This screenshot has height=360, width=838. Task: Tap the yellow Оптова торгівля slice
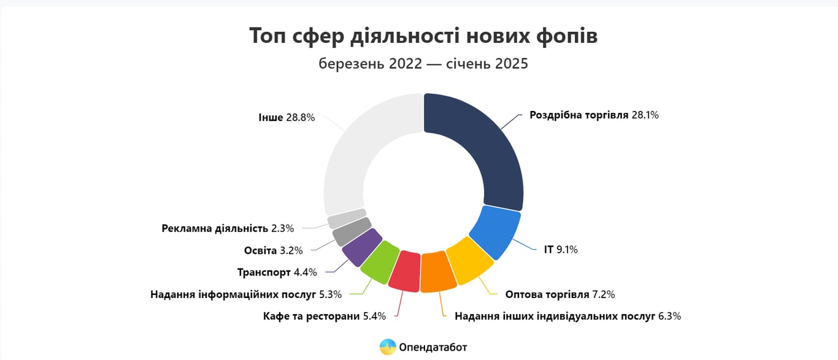click(469, 261)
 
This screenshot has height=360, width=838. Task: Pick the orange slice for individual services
click(438, 272)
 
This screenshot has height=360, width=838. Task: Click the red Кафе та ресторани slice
click(405, 270)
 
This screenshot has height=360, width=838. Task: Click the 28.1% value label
click(645, 115)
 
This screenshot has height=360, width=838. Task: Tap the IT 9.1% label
click(561, 250)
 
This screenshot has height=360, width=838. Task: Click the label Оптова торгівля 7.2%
click(560, 294)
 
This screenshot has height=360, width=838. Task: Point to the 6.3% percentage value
click(669, 316)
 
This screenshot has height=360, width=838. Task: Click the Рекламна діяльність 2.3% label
click(228, 228)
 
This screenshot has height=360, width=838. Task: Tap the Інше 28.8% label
click(286, 117)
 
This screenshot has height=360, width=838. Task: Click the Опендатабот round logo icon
click(388, 347)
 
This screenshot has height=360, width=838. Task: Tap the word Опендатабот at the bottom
click(433, 347)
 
